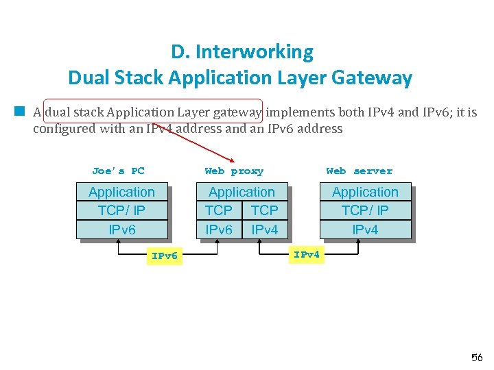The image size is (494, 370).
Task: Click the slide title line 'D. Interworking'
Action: click(242, 52)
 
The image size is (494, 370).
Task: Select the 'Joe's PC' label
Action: click(118, 171)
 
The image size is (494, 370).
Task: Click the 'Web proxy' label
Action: click(233, 171)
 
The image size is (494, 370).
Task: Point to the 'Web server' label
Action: click(359, 171)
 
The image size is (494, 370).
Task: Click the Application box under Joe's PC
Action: click(121, 193)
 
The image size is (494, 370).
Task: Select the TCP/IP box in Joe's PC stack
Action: click(121, 210)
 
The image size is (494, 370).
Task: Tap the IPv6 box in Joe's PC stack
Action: click(121, 230)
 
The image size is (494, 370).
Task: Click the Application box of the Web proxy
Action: click(242, 193)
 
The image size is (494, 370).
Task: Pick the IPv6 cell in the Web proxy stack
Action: click(219, 230)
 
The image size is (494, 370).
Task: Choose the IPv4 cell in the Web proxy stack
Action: click(265, 230)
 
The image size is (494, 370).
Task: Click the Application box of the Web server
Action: click(365, 193)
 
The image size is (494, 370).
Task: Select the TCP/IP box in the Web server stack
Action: click(365, 210)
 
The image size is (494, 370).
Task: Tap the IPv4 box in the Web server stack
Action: click(365, 230)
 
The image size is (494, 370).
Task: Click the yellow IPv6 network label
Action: click(165, 256)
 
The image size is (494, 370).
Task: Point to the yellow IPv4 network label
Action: click(306, 255)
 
